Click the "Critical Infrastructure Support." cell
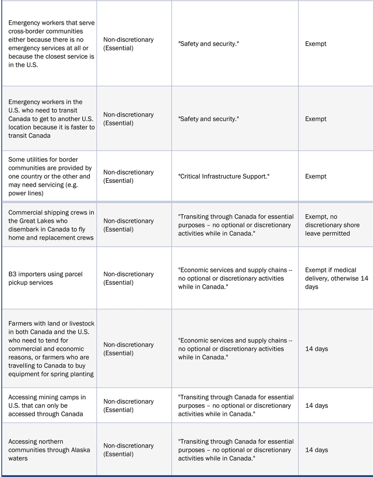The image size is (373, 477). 224,176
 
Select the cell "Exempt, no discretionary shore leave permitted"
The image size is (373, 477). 332,225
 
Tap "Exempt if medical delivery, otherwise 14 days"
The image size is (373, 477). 336,278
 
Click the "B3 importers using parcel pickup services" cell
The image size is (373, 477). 45,278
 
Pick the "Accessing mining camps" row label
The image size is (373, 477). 47,397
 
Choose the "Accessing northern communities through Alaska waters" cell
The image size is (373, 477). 49,450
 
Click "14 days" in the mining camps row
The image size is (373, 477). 316,406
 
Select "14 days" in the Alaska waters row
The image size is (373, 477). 316,450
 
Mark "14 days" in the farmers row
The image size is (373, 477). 316,349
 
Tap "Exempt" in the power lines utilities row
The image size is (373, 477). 316,176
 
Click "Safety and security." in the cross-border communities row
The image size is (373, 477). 208,44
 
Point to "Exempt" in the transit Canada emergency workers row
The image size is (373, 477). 316,119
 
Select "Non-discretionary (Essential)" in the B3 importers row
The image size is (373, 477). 128,278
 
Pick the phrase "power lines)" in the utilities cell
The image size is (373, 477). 26,193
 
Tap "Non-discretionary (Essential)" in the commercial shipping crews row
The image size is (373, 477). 128,225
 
